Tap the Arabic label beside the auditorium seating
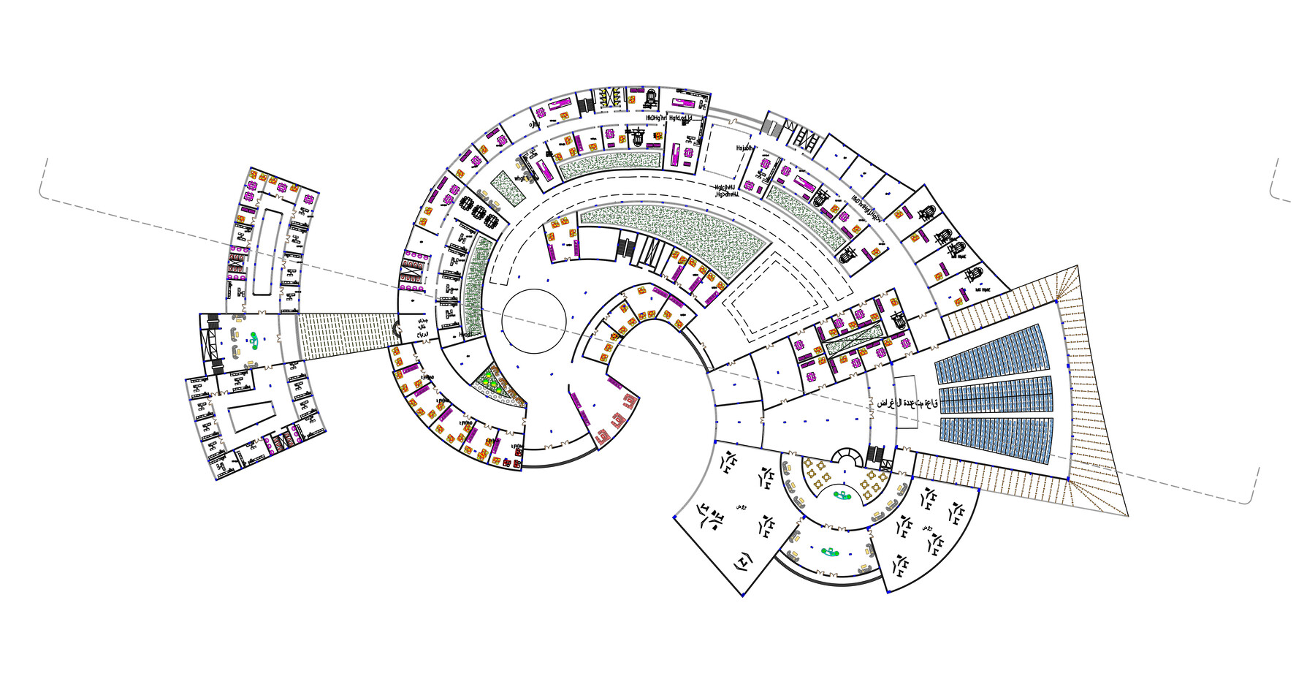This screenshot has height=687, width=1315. tap(907, 403)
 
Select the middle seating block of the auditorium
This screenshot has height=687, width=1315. tap(995, 395)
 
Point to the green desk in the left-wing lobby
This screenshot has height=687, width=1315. tap(254, 338)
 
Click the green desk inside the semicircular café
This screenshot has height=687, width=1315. tap(842, 496)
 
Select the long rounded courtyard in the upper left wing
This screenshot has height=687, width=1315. tap(264, 251)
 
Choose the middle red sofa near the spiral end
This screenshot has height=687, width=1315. tap(617, 420)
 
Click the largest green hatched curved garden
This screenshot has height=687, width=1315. tap(672, 234)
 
